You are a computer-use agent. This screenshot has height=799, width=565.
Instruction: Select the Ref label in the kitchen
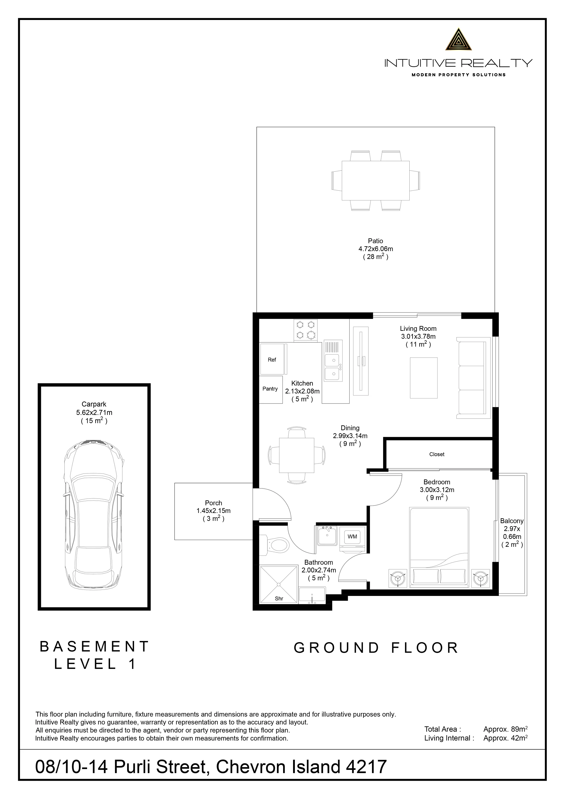(x=272, y=360)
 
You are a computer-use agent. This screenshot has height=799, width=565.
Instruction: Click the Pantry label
(x=270, y=389)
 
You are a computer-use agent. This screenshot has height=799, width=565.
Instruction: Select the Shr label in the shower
(x=279, y=599)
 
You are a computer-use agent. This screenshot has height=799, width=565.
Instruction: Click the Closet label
(x=437, y=454)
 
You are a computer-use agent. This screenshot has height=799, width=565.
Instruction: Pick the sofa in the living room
(x=473, y=378)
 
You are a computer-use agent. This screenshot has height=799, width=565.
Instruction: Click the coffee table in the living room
(x=423, y=378)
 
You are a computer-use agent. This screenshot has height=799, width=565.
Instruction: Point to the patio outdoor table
(x=375, y=181)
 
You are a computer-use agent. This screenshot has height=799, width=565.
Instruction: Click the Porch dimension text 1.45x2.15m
(x=213, y=511)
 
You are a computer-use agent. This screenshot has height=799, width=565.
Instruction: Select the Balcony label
(x=512, y=521)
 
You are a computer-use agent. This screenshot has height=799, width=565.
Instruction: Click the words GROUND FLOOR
(x=376, y=648)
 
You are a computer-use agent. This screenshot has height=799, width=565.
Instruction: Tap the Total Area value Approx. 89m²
(x=506, y=729)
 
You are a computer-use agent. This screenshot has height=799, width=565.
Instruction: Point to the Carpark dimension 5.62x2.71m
(x=94, y=413)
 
